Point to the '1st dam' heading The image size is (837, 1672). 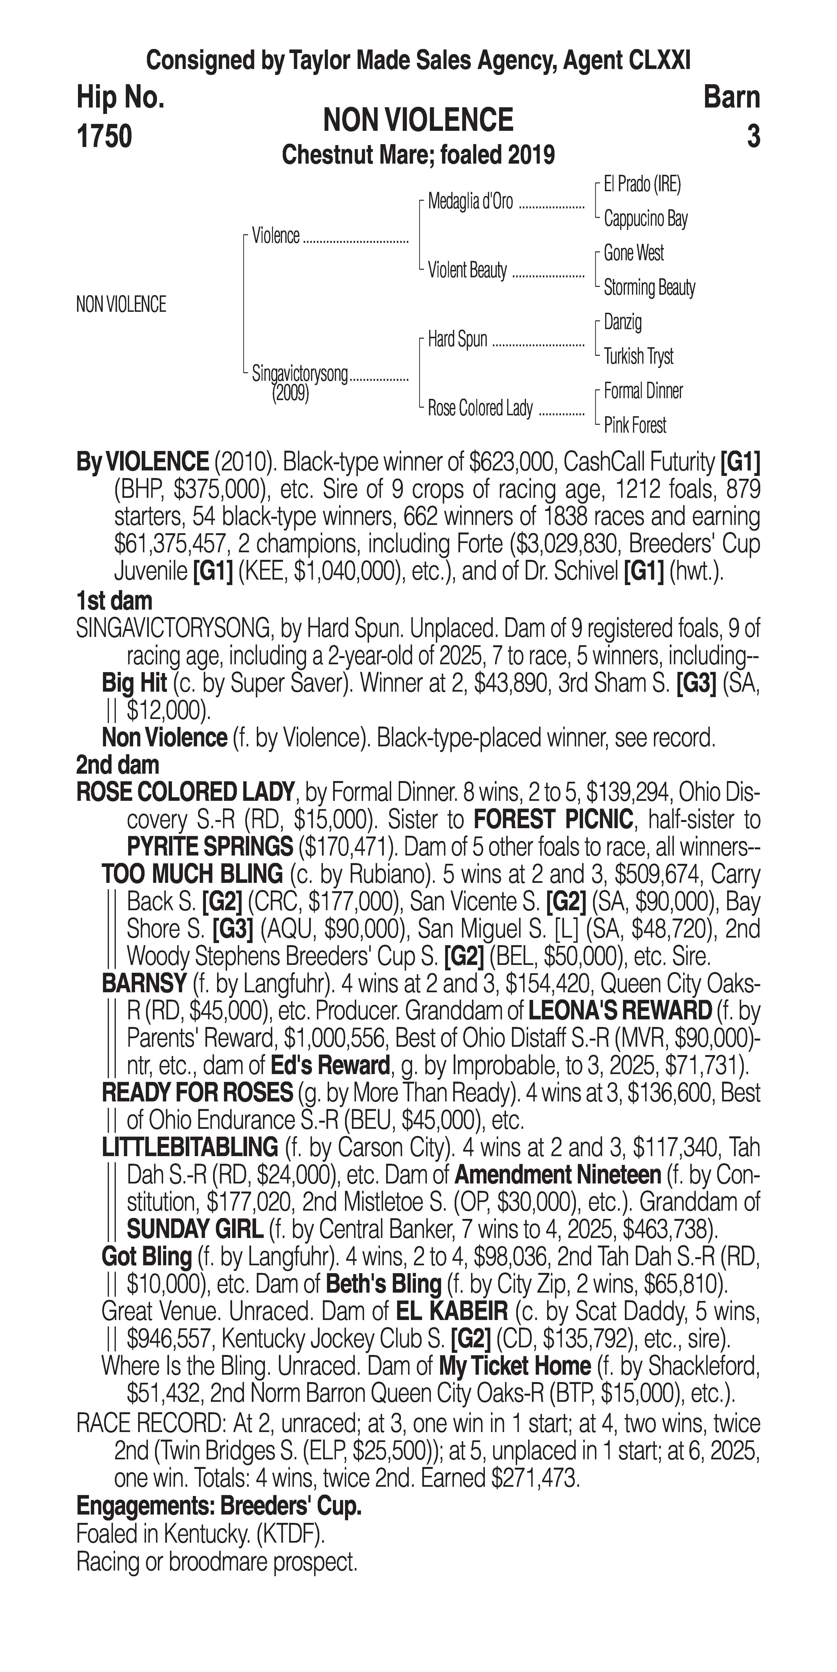(114, 600)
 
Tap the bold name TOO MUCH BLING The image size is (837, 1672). (192, 874)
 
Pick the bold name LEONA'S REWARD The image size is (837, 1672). (620, 1011)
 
